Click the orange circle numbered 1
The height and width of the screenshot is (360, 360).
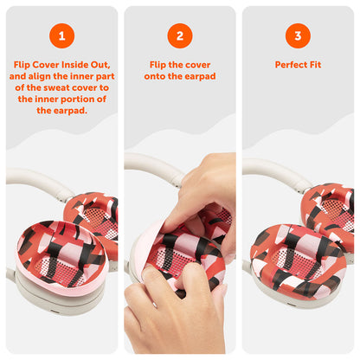[61, 35]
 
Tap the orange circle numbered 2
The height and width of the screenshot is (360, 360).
[180, 35]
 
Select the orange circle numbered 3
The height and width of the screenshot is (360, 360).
[298, 35]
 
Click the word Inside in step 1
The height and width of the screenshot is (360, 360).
[74, 65]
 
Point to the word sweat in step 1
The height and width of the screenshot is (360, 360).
[58, 87]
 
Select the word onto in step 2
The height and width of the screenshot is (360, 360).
[155, 76]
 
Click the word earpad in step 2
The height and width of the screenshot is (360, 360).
[201, 76]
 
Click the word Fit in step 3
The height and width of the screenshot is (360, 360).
[316, 65]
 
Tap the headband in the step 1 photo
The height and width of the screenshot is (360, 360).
[36, 181]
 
